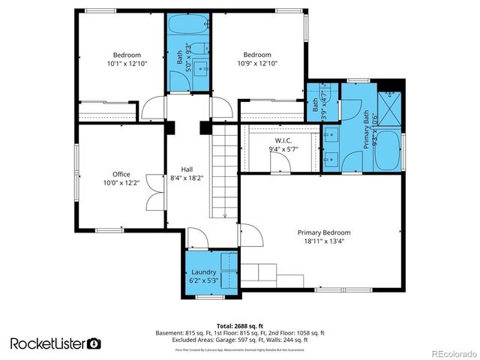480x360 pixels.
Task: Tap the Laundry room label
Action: [x=203, y=271]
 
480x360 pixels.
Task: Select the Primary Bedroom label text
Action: [x=323, y=232]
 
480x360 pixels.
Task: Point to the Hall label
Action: [x=187, y=169]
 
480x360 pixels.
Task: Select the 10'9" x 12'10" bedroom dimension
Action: [x=256, y=64]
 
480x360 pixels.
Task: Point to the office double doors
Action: [x=154, y=191]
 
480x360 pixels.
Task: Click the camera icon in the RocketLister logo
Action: [x=94, y=343]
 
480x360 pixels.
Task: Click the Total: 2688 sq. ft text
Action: [x=239, y=325]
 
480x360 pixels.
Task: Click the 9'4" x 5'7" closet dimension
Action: [x=283, y=148]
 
